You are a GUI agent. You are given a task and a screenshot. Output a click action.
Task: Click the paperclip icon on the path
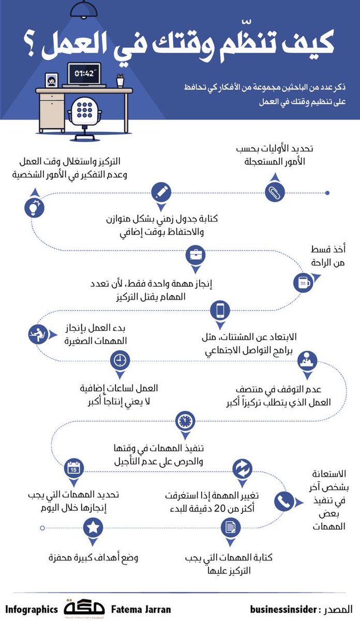pyautogui.click(x=275, y=192)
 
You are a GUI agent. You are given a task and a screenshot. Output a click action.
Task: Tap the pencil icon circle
pyautogui.click(x=161, y=192)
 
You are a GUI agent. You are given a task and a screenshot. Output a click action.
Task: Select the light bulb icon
pyautogui.click(x=34, y=208)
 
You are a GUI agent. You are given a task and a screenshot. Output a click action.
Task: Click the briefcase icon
pyautogui.click(x=196, y=255)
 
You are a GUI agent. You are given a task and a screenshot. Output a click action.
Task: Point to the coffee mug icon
pyautogui.click(x=303, y=283)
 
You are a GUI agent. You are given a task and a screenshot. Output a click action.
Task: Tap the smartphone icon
pyautogui.click(x=220, y=310)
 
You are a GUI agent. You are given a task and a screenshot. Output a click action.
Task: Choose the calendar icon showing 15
pyautogui.click(x=74, y=468)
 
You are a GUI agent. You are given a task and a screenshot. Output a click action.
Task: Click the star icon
pyautogui.click(x=93, y=527)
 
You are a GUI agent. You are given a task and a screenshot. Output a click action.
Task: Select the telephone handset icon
pyautogui.click(x=284, y=501)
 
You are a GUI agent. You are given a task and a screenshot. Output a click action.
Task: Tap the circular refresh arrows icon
pyautogui.click(x=242, y=469)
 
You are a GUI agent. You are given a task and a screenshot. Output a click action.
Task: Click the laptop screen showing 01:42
pyautogui.click(x=84, y=73)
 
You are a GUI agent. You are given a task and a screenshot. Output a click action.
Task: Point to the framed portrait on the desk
pyautogui.click(x=52, y=80)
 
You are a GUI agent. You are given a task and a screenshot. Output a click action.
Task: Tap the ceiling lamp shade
pyautogui.click(x=84, y=10)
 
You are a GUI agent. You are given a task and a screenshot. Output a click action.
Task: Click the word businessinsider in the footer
pyautogui.click(x=283, y=609)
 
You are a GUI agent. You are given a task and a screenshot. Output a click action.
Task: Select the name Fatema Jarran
pyautogui.click(x=141, y=609)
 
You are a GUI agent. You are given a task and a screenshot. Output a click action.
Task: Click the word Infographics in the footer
pyautogui.click(x=32, y=610)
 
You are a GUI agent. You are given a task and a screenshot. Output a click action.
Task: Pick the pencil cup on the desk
pyautogui.click(x=120, y=80)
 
